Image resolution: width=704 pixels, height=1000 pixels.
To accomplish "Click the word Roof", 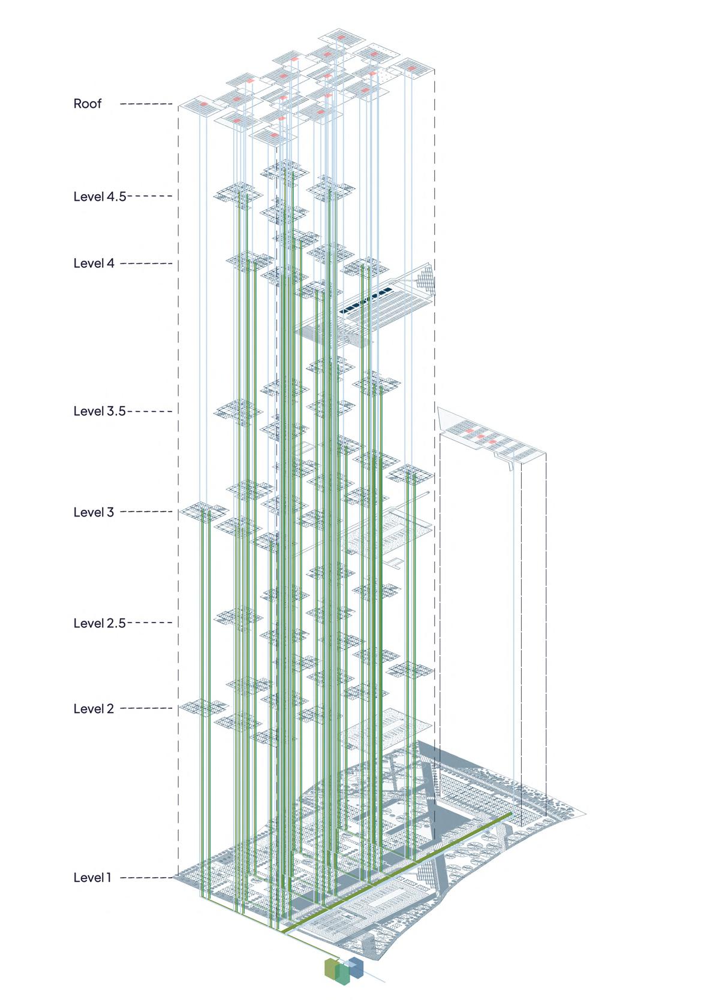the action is click(88, 104).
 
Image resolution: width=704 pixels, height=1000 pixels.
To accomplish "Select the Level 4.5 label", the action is click(100, 196).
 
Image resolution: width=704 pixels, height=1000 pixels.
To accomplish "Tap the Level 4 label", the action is click(94, 263).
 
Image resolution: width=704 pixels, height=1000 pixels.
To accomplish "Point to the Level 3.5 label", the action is click(100, 411).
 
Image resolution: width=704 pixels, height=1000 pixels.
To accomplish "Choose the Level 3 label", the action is click(94, 512).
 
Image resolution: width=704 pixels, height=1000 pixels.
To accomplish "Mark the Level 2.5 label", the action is click(100, 623).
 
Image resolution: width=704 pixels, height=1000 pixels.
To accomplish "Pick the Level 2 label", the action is click(94, 709).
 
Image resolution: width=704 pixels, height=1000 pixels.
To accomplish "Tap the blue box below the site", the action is click(357, 965).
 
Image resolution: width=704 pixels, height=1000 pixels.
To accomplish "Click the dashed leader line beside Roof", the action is click(146, 104).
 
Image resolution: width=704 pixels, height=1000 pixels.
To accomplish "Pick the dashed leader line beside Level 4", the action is click(146, 264).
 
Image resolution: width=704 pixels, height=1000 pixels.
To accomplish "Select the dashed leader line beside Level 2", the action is click(150, 709).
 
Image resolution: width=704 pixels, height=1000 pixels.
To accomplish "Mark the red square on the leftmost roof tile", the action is click(204, 104).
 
